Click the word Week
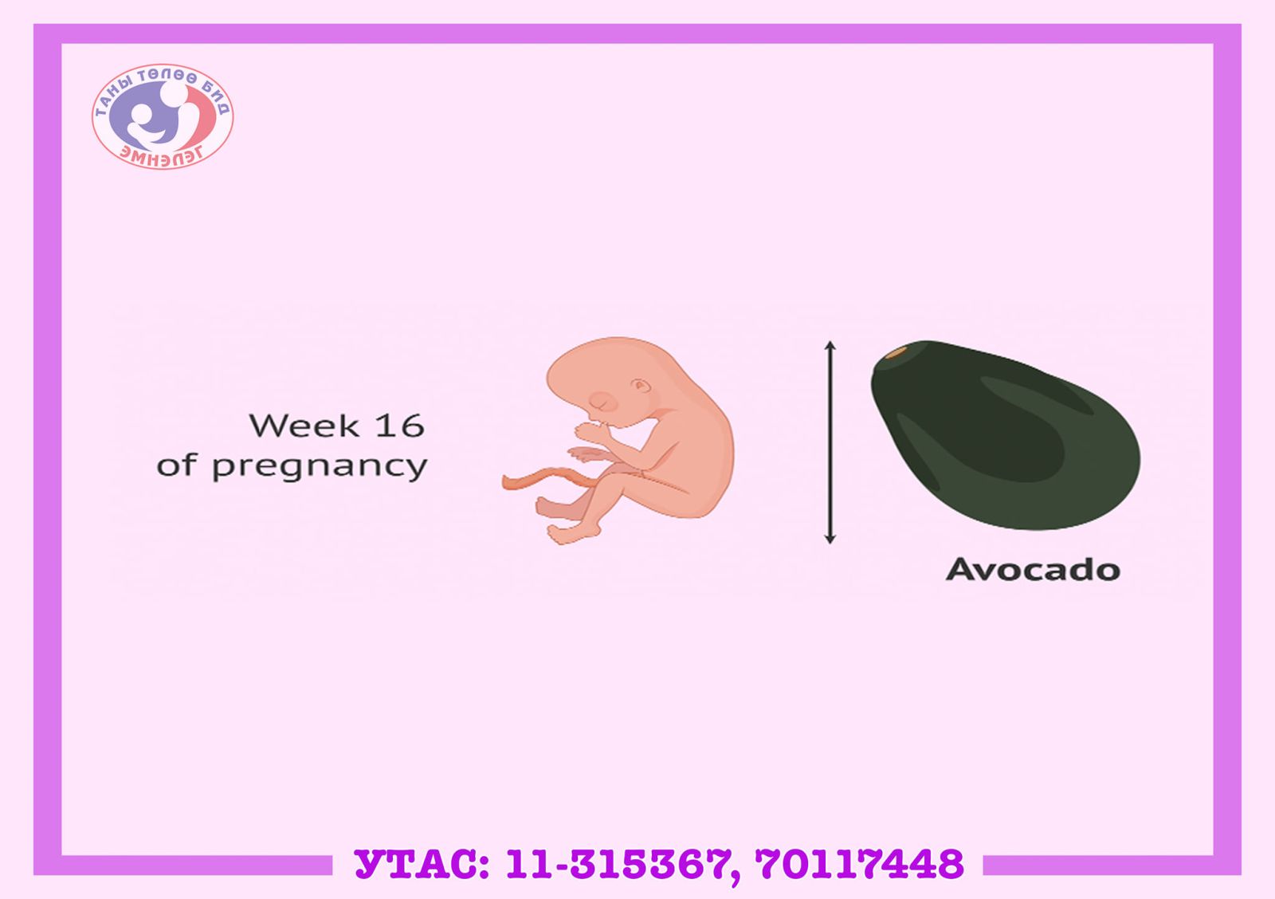tap(304, 426)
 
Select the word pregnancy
tap(320, 468)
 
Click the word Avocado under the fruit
tap(1033, 569)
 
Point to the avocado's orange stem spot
tap(896, 352)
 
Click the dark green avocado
tap(1005, 435)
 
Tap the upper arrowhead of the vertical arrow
tap(830, 346)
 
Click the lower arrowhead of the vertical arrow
tap(830, 538)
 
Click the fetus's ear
tap(641, 386)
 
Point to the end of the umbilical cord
tap(505, 482)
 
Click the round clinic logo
tap(163, 116)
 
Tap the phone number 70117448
tap(860, 864)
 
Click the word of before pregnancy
tap(177, 465)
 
